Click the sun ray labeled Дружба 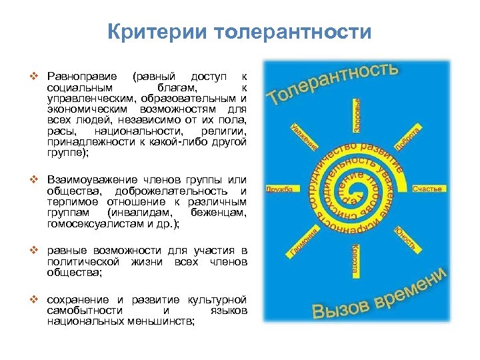click(280, 189)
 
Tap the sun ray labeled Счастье click(427, 189)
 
